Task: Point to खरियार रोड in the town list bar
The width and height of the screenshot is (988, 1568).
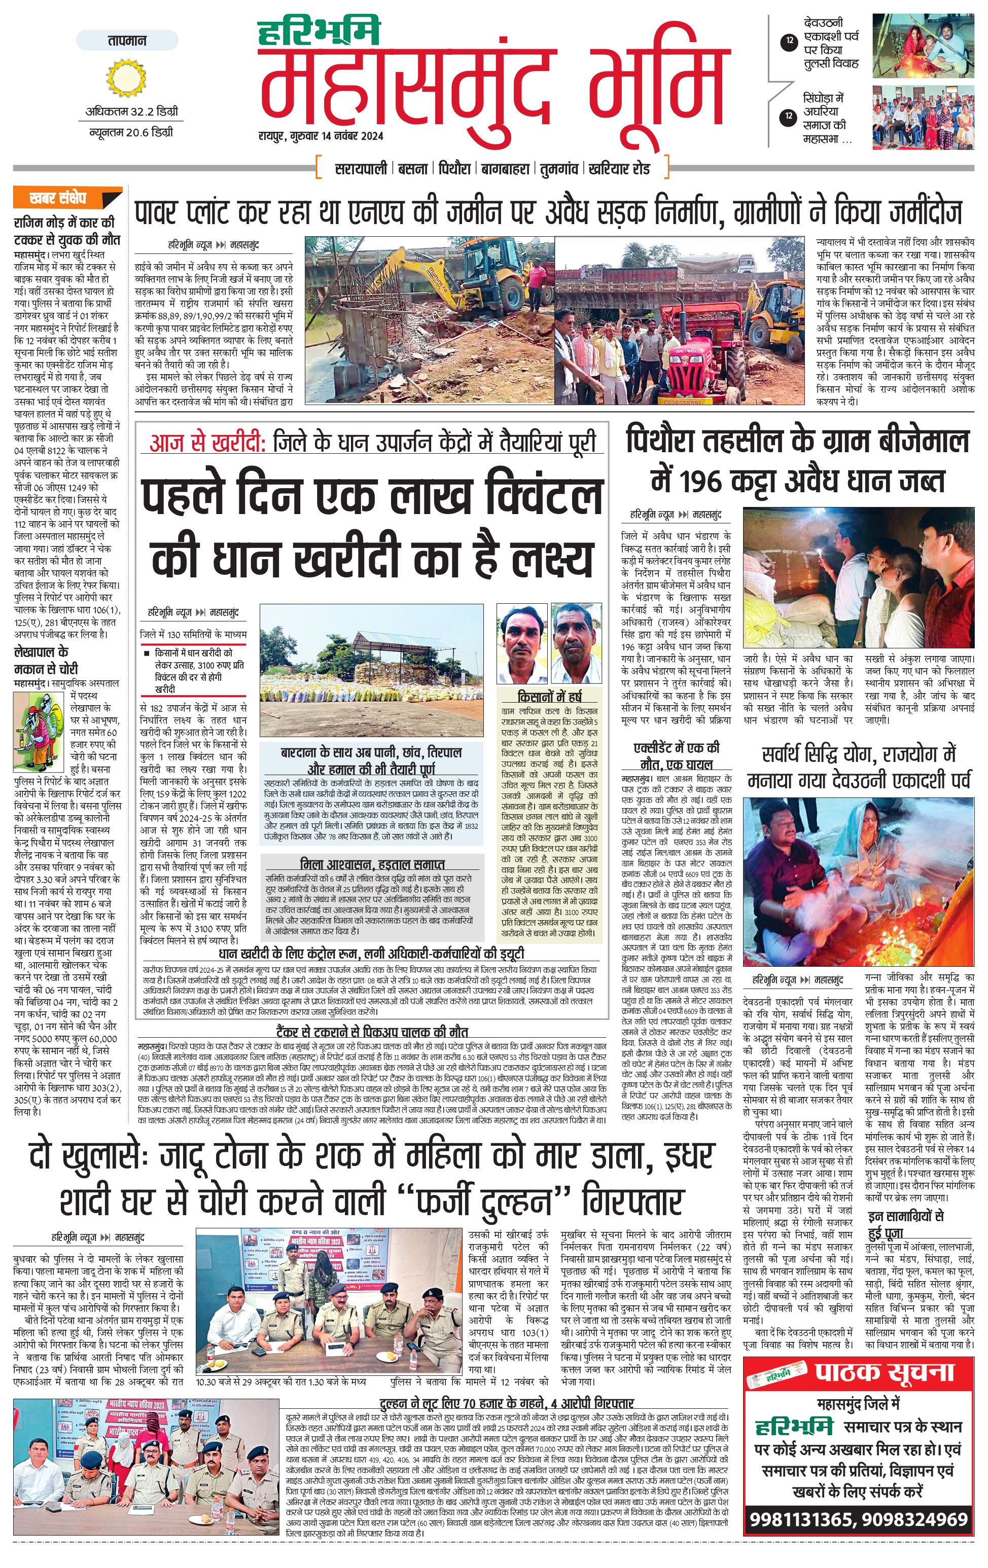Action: coord(619,168)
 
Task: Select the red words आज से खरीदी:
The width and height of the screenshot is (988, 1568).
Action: coord(206,443)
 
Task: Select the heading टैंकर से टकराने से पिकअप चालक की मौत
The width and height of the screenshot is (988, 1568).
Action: coord(371,1032)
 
